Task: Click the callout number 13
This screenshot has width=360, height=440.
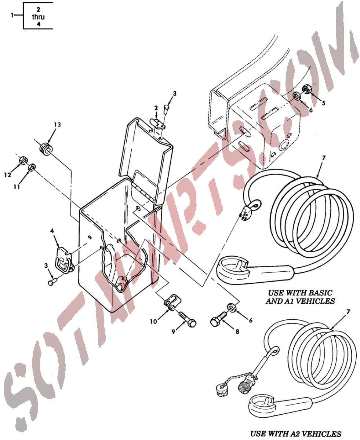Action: pos(57,125)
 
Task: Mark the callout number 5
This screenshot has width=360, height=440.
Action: pos(323,103)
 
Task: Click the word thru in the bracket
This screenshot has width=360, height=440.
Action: pos(38,17)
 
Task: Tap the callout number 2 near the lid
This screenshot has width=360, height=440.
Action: pos(156,108)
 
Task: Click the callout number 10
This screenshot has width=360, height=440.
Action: pos(153,322)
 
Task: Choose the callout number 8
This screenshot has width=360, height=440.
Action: pos(237,331)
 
